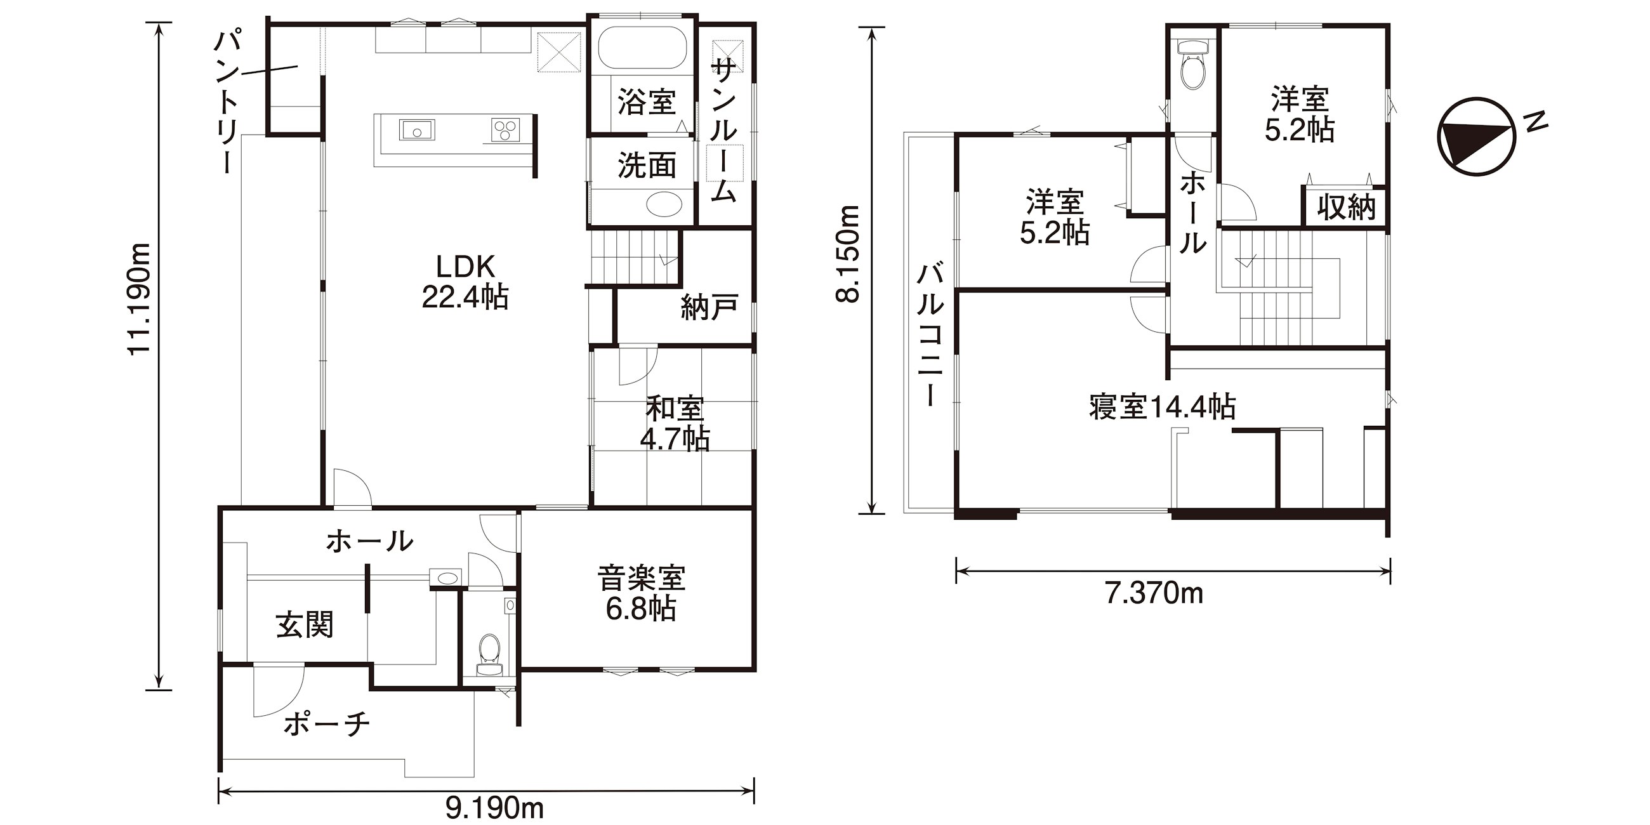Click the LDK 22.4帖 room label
(465, 282)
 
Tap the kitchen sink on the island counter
(417, 130)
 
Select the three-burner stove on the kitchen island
(505, 130)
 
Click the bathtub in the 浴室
(642, 47)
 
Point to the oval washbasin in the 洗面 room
(664, 205)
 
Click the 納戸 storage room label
(709, 307)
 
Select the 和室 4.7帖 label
(675, 423)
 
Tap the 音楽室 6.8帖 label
(641, 593)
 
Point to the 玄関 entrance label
(305, 624)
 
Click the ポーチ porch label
(327, 725)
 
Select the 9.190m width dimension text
(494, 808)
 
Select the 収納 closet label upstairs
(1347, 207)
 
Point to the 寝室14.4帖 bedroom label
(1163, 407)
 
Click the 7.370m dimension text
(1154, 594)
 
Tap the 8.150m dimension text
(850, 254)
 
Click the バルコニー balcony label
(930, 335)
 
